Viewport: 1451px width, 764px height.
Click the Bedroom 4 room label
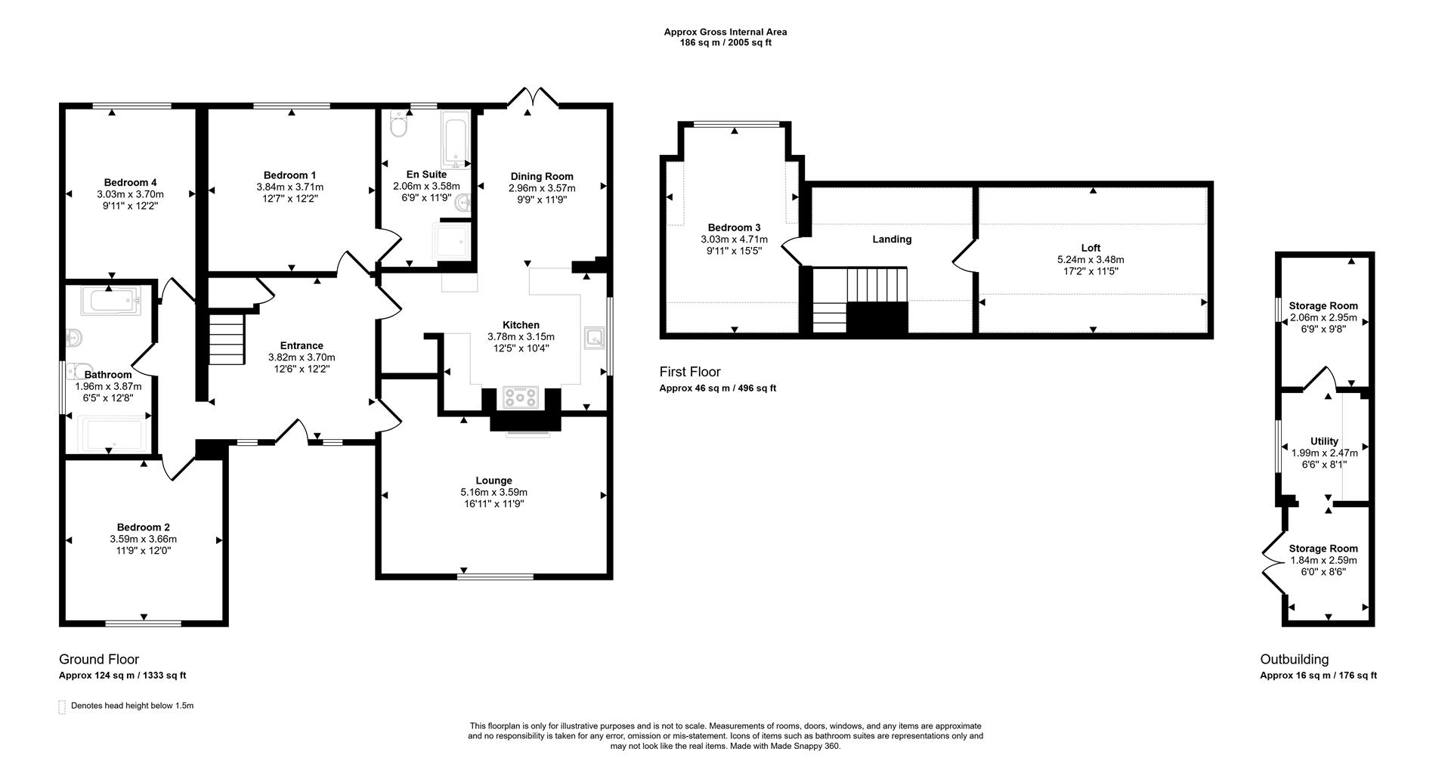(x=130, y=182)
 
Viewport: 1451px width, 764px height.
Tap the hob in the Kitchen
(x=521, y=397)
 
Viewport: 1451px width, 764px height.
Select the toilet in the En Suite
(x=398, y=125)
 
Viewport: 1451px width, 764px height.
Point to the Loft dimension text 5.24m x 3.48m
(x=1091, y=259)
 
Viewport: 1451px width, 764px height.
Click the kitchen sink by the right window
(x=594, y=338)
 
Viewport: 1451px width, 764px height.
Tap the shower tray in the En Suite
(x=451, y=240)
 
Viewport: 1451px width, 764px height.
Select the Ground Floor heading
(x=99, y=659)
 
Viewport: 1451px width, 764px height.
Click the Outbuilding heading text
(x=1294, y=659)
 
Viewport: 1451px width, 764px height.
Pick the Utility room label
(x=1324, y=441)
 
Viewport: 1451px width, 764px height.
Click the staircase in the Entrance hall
(x=227, y=339)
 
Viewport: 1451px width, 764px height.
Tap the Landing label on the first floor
(x=892, y=239)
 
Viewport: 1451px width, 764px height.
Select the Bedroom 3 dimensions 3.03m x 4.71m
(x=734, y=240)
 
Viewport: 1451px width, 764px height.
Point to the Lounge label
(x=493, y=481)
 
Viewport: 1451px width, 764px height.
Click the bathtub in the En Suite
(x=456, y=140)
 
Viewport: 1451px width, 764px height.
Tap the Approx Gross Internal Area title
(x=725, y=32)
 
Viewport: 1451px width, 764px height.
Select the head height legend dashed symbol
(x=62, y=707)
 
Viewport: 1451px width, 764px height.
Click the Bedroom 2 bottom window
(x=143, y=623)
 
